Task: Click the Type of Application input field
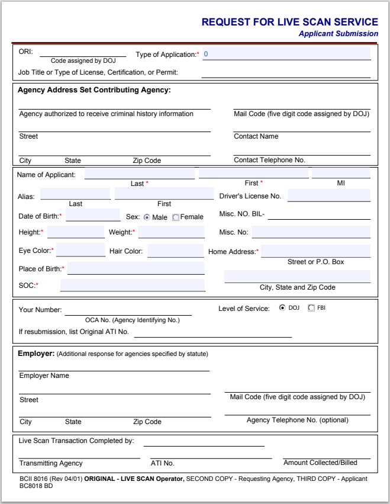tap(286, 54)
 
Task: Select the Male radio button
tap(147, 217)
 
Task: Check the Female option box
tap(176, 217)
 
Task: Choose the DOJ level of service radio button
tap(282, 308)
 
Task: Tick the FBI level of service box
tap(311, 308)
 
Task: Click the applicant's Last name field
tap(140, 174)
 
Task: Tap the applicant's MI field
tap(340, 174)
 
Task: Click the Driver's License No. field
tap(328, 195)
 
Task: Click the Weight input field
tap(170, 232)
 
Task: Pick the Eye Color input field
tap(80, 251)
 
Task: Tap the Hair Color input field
tap(175, 251)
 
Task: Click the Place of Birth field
tap(136, 269)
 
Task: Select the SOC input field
tap(132, 285)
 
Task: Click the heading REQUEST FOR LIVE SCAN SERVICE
tap(289, 23)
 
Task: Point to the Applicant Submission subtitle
tap(338, 34)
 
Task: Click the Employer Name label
tap(44, 375)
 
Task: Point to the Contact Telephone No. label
tap(269, 160)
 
